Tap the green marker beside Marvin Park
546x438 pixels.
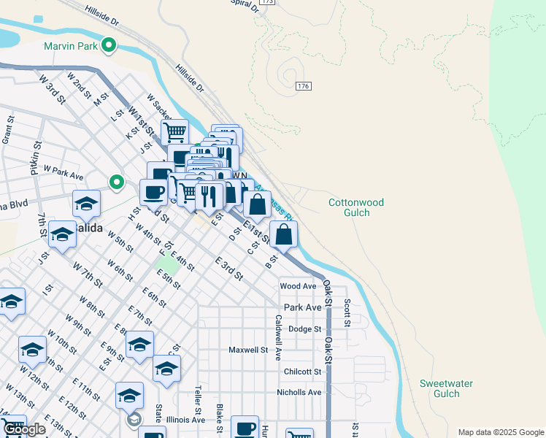[x=109, y=45]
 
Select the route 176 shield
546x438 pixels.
[x=304, y=86]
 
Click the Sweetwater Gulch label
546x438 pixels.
[x=447, y=388]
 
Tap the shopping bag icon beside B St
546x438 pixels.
[x=284, y=235]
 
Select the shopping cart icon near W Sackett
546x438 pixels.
[x=174, y=132]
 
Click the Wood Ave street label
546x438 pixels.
[x=298, y=286]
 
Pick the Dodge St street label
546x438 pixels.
[x=305, y=329]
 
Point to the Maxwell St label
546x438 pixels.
[x=249, y=350]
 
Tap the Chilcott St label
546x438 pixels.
[x=302, y=372]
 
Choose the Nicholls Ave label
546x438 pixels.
[x=299, y=393]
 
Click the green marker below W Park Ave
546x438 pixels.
[x=116, y=182]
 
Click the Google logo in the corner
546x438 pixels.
[x=25, y=429]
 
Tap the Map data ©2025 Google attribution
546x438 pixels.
[x=501, y=432]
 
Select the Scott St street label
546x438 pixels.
[x=347, y=312]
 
